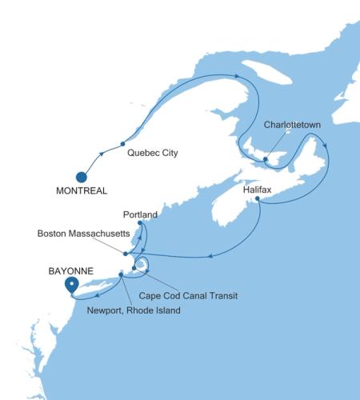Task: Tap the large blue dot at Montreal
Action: click(81, 177)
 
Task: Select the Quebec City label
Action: click(152, 152)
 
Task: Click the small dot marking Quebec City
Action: click(122, 144)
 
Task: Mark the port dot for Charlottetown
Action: click(265, 160)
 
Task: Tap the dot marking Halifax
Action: click(258, 199)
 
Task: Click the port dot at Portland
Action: click(140, 223)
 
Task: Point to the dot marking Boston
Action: click(126, 254)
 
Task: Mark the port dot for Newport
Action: click(121, 275)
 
